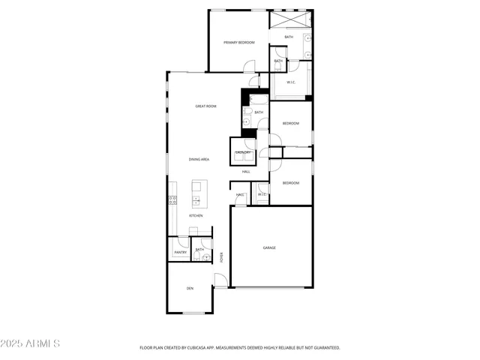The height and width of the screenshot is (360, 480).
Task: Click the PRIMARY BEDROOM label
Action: [x=239, y=43]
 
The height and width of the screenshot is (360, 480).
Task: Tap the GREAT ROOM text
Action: [x=205, y=106]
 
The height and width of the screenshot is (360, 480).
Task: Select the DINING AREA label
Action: [x=199, y=160]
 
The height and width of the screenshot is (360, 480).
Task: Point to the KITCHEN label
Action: [x=196, y=216]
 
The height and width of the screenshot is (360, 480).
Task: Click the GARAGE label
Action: [x=269, y=247]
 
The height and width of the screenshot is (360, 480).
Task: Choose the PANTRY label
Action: [x=180, y=253]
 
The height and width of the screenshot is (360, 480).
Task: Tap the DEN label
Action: [x=190, y=288]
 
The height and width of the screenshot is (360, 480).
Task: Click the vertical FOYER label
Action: [x=222, y=257]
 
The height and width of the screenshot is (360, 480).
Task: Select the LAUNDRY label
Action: [x=243, y=152]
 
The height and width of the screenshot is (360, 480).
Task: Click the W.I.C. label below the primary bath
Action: [x=291, y=83]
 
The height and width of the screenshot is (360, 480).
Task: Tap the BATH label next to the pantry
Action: [x=199, y=250]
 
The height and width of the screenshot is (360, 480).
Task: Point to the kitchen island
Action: [x=199, y=193]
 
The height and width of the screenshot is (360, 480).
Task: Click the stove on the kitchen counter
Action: [x=172, y=200]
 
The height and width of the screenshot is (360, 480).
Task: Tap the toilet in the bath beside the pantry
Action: [x=205, y=257]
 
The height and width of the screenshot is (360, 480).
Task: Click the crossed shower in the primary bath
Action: [x=290, y=19]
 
